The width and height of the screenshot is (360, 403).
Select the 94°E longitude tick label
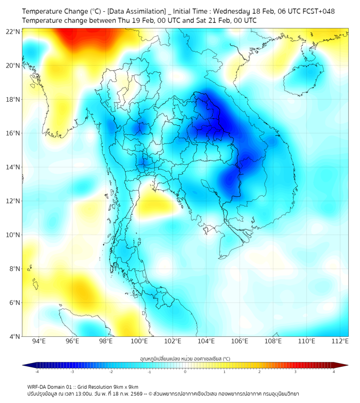coord(39,341)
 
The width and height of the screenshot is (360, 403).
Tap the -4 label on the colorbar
coord(36,372)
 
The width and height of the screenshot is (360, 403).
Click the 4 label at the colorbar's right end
coord(334,372)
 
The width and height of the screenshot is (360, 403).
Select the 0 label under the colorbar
coord(185,372)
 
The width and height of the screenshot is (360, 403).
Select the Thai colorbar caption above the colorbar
coord(185,358)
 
